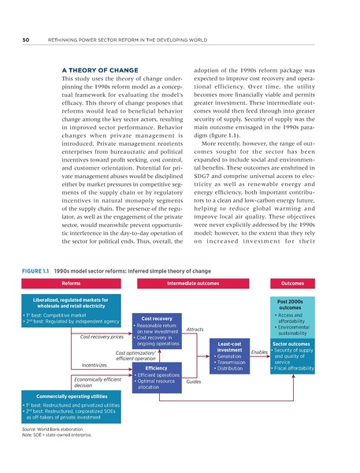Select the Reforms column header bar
71,282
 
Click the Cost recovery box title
158,318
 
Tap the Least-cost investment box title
228,347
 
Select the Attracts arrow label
195,329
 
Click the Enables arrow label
258,352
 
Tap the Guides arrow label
194,382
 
